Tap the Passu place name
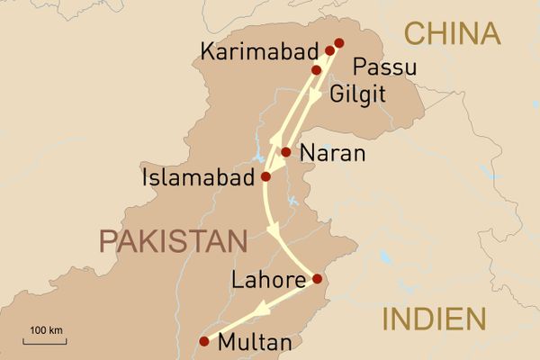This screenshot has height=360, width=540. pyautogui.click(x=384, y=67)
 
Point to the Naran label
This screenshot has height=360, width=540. pyautogui.click(x=333, y=154)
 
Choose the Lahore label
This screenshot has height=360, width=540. pyautogui.click(x=268, y=281)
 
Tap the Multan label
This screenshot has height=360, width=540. pyautogui.click(x=256, y=343)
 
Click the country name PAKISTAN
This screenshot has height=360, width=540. pyautogui.click(x=173, y=241)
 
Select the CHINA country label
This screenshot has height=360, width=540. pyautogui.click(x=452, y=34)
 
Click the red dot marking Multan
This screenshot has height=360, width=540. pyautogui.click(x=204, y=341)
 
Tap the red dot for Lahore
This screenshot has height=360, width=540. pyautogui.click(x=316, y=280)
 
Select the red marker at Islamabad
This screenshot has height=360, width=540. pyautogui.click(x=265, y=176)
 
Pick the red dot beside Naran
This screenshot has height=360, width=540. pyautogui.click(x=285, y=152)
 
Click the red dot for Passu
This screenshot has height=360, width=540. pyautogui.click(x=339, y=42)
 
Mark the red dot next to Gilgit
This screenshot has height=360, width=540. pyautogui.click(x=316, y=69)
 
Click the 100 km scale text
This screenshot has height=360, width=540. pyautogui.click(x=45, y=330)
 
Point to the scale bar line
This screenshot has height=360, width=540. pyautogui.click(x=45, y=342)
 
